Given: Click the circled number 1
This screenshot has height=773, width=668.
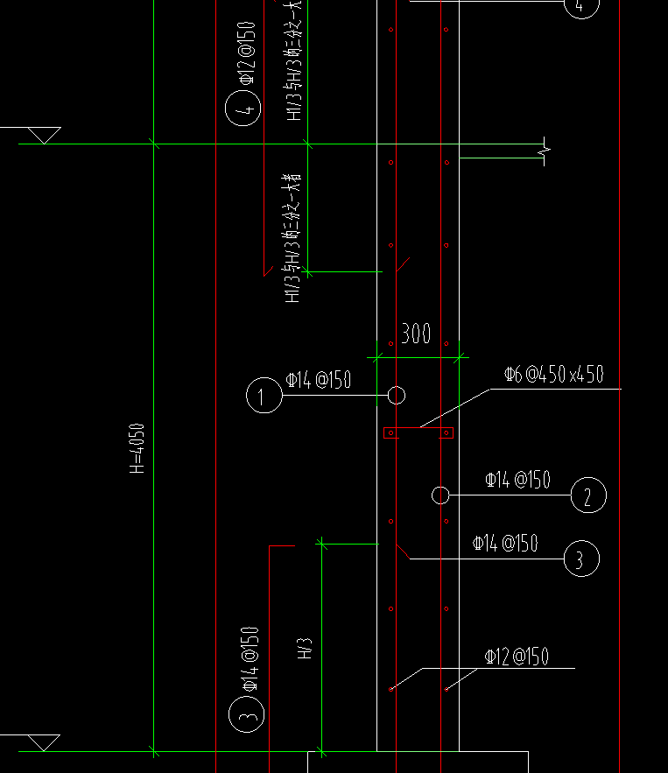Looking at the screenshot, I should (x=264, y=396).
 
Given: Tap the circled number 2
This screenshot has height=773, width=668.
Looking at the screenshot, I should (x=587, y=496).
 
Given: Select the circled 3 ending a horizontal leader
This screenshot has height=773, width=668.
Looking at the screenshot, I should (x=581, y=558).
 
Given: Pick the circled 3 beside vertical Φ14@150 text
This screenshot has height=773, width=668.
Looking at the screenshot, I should (x=247, y=715).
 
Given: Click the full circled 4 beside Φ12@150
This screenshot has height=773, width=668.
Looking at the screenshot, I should (x=243, y=110).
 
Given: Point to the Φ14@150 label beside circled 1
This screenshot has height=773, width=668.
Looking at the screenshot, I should (x=319, y=380).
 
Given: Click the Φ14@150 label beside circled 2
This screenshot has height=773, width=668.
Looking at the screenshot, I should (x=517, y=480).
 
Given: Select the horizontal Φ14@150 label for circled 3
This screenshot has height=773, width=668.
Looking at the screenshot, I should (x=505, y=544).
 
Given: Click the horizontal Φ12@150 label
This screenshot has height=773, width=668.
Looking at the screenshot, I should (x=517, y=657).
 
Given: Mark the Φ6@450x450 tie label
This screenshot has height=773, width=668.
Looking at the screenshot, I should (x=553, y=375).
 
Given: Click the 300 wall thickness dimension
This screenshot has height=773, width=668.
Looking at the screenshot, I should (x=416, y=334).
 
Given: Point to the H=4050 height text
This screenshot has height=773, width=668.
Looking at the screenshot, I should (x=137, y=448).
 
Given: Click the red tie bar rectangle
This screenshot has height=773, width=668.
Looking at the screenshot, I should (x=418, y=432).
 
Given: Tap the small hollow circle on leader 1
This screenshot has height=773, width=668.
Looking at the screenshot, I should (x=397, y=396).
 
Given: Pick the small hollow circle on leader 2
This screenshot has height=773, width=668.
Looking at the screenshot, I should (x=440, y=495).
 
